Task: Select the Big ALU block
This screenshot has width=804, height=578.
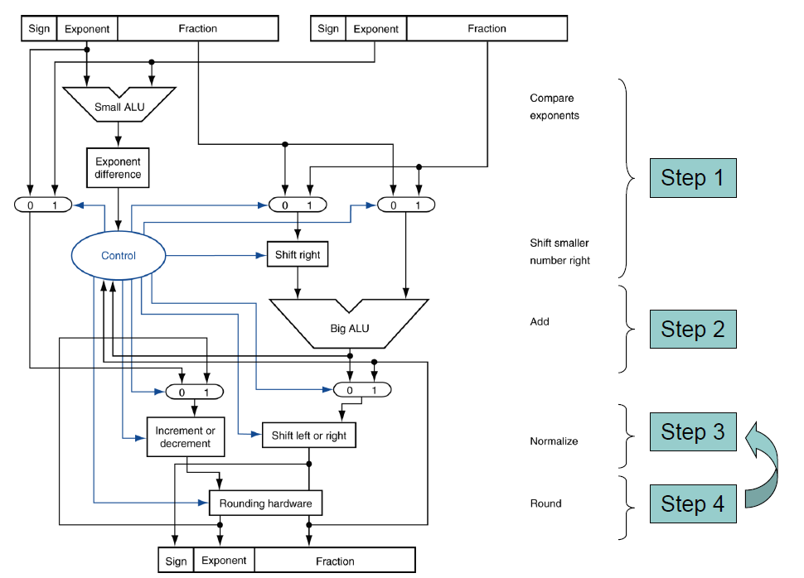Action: [x=349, y=325]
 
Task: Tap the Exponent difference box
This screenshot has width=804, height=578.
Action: [x=118, y=168]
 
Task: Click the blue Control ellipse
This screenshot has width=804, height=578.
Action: [x=118, y=256]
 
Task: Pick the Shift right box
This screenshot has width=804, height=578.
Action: [x=298, y=255]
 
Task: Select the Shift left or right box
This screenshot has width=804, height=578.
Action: [x=309, y=436]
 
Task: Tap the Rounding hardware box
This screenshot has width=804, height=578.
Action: [x=265, y=503]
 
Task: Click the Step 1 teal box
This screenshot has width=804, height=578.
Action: [x=693, y=178]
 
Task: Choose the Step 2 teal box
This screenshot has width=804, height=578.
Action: [x=693, y=329]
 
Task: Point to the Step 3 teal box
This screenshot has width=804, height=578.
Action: [x=693, y=431]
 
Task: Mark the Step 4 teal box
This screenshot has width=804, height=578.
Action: [x=693, y=503]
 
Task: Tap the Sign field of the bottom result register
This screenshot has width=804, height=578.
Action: [x=176, y=561]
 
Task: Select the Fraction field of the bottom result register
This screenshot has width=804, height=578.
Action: [x=335, y=561]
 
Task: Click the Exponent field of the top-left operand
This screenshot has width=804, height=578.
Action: [x=87, y=29]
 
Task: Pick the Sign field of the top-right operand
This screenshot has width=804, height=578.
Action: [x=328, y=29]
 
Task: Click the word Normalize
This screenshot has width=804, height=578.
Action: [x=554, y=441]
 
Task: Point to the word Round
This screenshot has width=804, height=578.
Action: [x=545, y=503]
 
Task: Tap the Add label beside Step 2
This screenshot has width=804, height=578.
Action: [x=540, y=321]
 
